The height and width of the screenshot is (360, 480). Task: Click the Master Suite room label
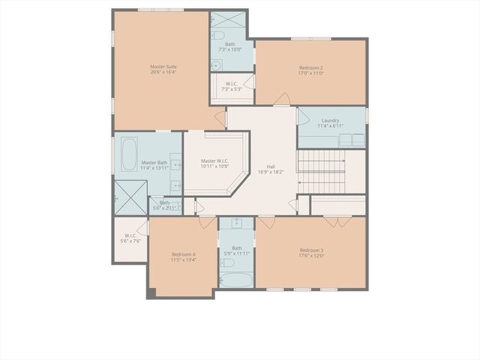click(163, 67)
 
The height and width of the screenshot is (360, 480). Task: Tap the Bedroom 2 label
click(310, 67)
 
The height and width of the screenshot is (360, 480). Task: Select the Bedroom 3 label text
click(311, 250)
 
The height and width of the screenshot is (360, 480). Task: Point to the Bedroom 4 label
click(183, 254)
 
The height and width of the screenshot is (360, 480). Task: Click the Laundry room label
click(330, 121)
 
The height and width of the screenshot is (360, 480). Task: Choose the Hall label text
click(270, 166)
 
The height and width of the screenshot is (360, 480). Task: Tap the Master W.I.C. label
click(214, 160)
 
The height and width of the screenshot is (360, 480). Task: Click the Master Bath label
click(154, 163)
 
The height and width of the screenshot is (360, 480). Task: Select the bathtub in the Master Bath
click(127, 154)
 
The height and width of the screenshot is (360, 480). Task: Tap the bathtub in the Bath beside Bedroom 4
click(237, 280)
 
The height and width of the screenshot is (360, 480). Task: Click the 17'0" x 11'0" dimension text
click(310, 73)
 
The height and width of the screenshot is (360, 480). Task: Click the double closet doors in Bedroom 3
click(336, 222)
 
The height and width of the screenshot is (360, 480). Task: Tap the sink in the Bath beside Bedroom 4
click(237, 223)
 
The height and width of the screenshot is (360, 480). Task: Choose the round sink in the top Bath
click(216, 64)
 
